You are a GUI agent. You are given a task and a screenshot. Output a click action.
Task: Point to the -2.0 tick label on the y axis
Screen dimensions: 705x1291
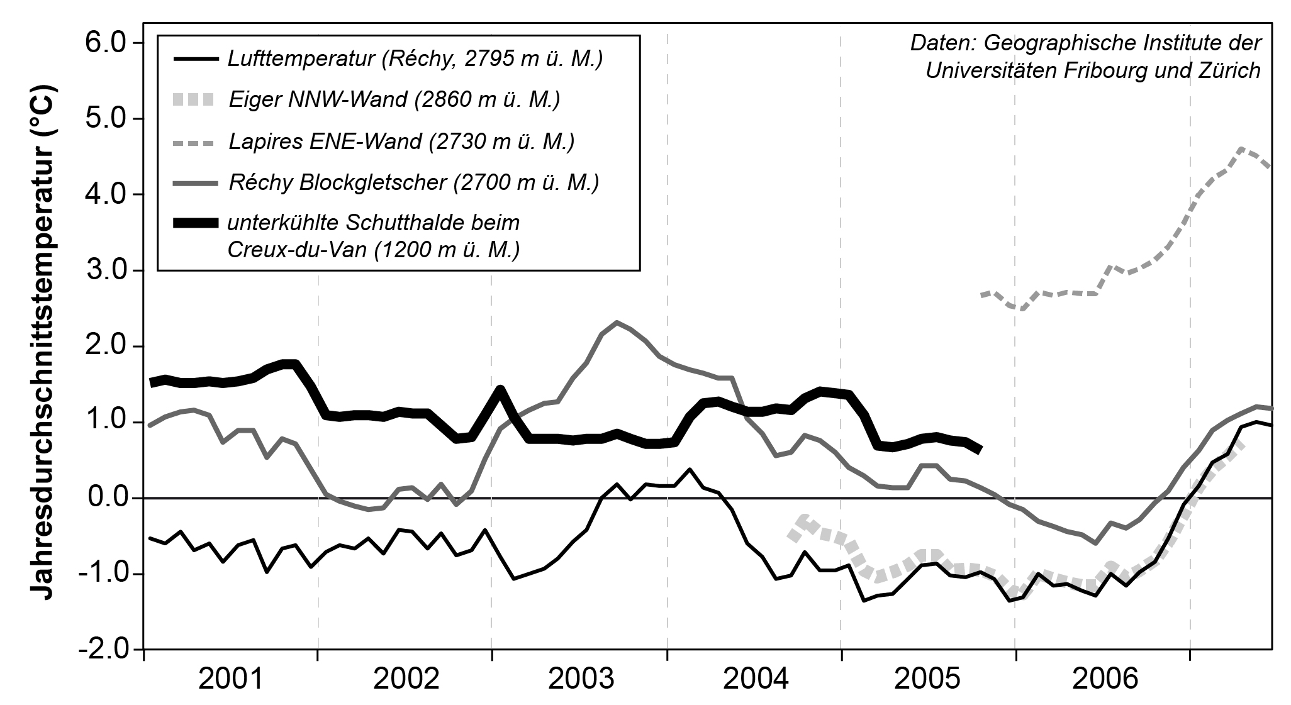(x=104, y=649)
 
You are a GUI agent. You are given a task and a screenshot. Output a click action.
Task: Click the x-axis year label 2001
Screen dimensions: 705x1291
(x=231, y=680)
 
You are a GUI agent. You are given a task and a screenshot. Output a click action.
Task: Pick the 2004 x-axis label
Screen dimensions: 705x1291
(x=755, y=680)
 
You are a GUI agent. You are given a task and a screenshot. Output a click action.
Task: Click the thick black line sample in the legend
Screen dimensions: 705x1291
(x=194, y=223)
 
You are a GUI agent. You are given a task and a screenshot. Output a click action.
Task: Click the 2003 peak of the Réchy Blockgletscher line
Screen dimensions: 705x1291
(x=617, y=323)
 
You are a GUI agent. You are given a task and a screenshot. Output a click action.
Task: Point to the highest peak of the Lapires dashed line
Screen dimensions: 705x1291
(x=1241, y=149)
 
